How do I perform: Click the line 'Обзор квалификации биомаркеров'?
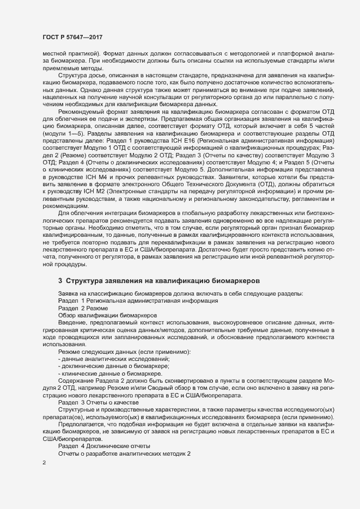(100, 316)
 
